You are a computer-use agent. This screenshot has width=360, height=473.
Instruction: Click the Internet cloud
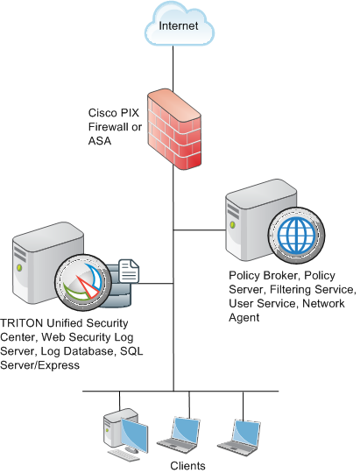tap(180, 25)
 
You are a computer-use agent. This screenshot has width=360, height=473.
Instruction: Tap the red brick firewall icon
tap(174, 129)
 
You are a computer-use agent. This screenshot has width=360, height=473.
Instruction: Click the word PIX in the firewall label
tap(130, 113)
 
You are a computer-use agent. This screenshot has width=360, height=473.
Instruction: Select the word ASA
tap(100, 140)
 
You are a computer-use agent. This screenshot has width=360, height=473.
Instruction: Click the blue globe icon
tap(297, 235)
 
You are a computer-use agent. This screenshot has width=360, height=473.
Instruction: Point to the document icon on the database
tap(129, 271)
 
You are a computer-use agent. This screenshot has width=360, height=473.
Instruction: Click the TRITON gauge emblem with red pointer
tap(83, 282)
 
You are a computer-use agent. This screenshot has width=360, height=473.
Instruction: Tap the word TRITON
tap(22, 323)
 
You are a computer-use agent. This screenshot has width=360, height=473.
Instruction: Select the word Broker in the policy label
tap(281, 275)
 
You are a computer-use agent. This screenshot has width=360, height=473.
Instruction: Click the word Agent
tap(244, 317)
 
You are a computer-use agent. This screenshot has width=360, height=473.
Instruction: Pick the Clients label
tap(187, 465)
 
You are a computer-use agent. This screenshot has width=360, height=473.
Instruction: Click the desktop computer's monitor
tap(135, 434)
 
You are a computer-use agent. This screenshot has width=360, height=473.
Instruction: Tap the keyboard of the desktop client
tap(124, 455)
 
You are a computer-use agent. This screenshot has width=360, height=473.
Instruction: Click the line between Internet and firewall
tap(173, 68)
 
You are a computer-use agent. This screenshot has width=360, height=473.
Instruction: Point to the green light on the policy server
tap(233, 225)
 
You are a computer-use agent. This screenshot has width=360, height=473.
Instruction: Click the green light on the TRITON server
tap(19, 267)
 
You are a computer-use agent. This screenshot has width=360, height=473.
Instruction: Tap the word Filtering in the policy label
tap(290, 289)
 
